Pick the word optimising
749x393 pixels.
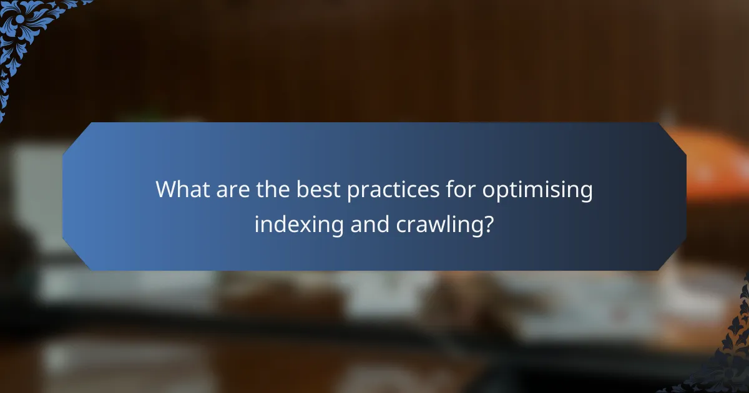[x=537, y=190]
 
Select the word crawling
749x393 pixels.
[x=439, y=225]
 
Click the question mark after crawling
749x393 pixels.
[x=489, y=223]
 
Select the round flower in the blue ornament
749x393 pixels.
[x=19, y=18]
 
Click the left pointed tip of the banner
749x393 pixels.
[x=64, y=196]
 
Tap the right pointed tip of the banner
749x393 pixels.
[x=685, y=196]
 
